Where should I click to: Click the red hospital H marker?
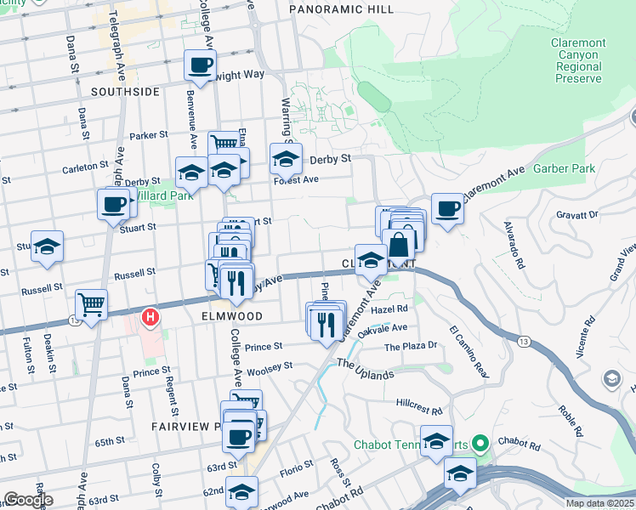(x=150, y=319)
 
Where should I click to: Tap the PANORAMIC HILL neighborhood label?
(x=341, y=8)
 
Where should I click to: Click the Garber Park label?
(x=564, y=168)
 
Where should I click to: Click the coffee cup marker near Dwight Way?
(x=200, y=65)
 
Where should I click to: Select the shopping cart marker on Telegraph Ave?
(x=91, y=304)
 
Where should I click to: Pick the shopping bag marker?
(x=398, y=244)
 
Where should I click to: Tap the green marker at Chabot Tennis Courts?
(x=480, y=443)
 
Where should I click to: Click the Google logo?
(x=28, y=500)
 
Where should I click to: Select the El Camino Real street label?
(x=470, y=352)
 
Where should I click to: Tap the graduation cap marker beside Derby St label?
(x=287, y=157)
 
